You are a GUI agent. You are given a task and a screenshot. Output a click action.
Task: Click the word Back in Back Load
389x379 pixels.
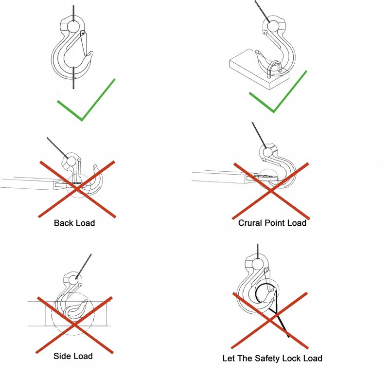[x=63, y=223]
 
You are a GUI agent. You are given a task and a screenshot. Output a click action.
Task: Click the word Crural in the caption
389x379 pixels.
[x=251, y=223]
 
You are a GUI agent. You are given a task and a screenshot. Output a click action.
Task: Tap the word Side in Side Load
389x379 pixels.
[x=63, y=356]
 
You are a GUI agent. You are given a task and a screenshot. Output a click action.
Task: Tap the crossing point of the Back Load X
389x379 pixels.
[x=78, y=188]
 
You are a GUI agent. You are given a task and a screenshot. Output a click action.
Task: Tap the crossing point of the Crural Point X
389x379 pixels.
[x=270, y=190]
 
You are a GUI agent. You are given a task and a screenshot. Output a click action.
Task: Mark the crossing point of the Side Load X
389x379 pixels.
[x=74, y=324]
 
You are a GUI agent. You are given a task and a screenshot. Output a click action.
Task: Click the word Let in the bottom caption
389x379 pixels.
[x=228, y=359]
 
